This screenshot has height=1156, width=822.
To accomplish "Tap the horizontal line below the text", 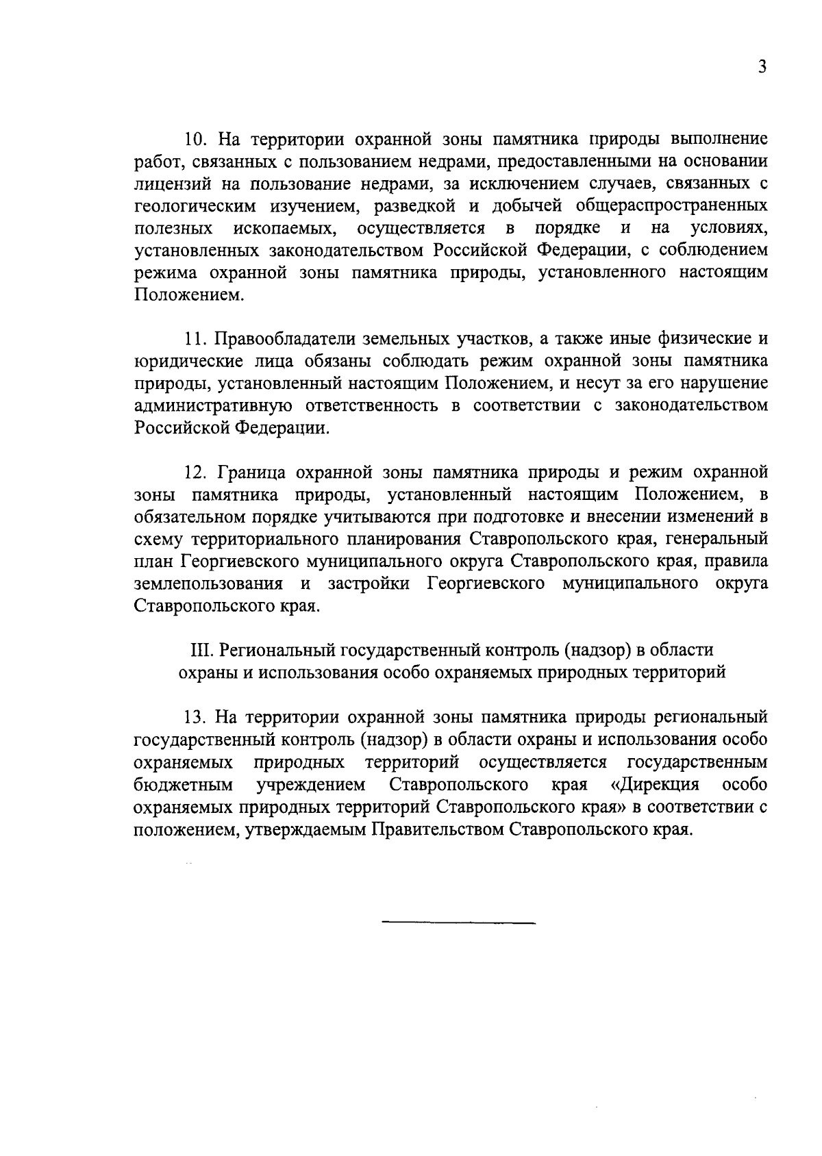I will coord(458,924).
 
